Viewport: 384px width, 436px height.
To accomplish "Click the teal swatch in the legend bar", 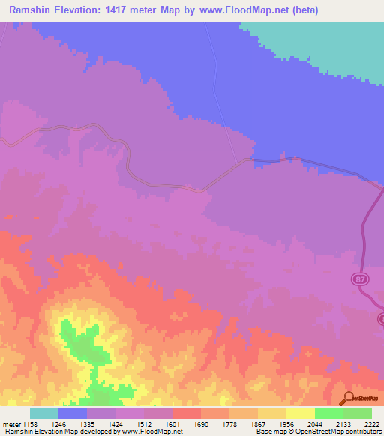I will coord(44,413).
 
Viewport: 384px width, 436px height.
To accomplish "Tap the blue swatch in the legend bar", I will coord(73,413).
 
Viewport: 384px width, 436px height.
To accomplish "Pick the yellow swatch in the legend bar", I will coord(300,413).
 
